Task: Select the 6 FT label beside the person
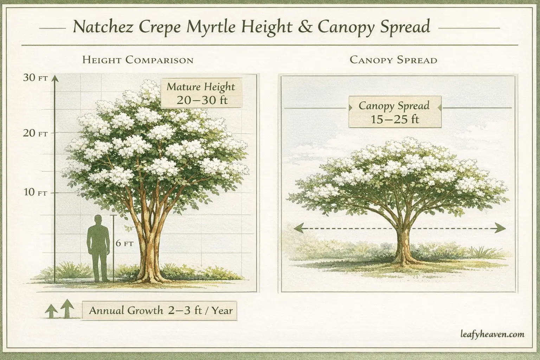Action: point(124,243)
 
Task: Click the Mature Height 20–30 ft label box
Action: point(201,93)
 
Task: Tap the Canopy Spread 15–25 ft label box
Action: point(394,112)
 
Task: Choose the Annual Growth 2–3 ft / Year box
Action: point(160,311)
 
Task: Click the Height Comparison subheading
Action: point(138,60)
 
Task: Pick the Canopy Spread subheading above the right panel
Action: point(393,60)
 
